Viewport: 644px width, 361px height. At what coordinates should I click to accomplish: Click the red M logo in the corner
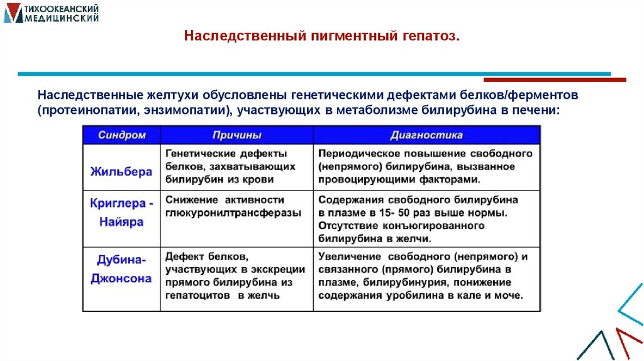click(13, 14)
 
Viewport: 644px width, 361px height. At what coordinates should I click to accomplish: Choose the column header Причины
click(236, 135)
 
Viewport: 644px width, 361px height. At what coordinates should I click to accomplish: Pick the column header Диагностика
click(426, 135)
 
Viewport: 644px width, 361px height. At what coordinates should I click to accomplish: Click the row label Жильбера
click(121, 171)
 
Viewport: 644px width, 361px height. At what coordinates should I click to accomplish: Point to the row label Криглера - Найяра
click(121, 213)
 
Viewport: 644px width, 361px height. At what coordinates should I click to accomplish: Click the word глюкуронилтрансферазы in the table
click(233, 213)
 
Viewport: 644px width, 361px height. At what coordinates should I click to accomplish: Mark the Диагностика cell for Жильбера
click(425, 166)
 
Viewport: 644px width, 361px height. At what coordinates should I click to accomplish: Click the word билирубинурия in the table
click(406, 282)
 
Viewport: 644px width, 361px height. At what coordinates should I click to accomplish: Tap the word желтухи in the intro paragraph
click(174, 95)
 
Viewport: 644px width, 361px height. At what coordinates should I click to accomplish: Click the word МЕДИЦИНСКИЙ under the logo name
click(61, 18)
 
